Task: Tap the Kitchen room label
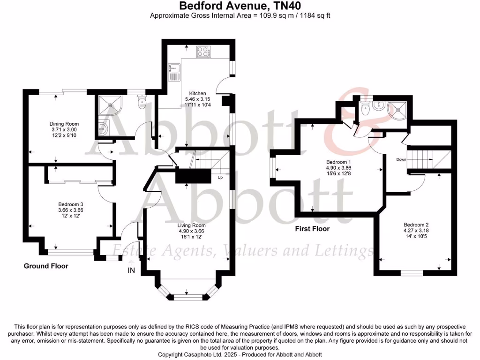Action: point(197,94)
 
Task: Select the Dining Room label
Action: point(64,124)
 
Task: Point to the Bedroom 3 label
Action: point(71,204)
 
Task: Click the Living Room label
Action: point(192,225)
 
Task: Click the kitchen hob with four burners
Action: point(204,52)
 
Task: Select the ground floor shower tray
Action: point(109,104)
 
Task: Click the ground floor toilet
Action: point(142,101)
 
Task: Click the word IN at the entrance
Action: point(131,270)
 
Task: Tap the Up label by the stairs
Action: point(220,178)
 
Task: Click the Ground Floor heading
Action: point(46,266)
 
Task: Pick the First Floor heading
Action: point(312,229)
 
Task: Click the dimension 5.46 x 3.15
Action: point(197,99)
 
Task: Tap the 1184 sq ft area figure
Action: point(314,16)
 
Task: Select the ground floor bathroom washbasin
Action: point(104,127)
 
